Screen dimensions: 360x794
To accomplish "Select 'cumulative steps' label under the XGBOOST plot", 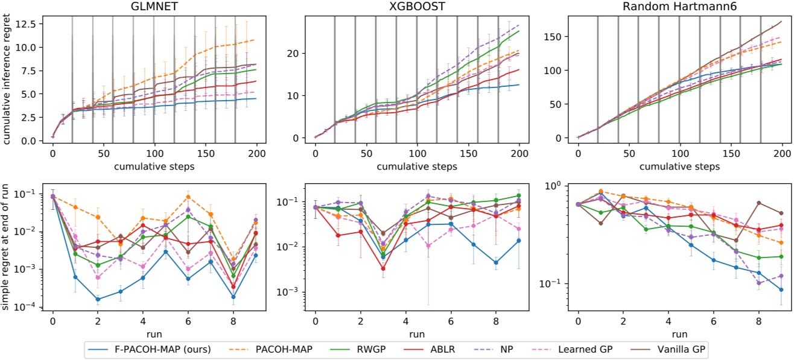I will pyautogui.click(x=417, y=166).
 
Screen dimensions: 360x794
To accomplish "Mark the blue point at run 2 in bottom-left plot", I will pyautogui.click(x=97, y=299).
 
